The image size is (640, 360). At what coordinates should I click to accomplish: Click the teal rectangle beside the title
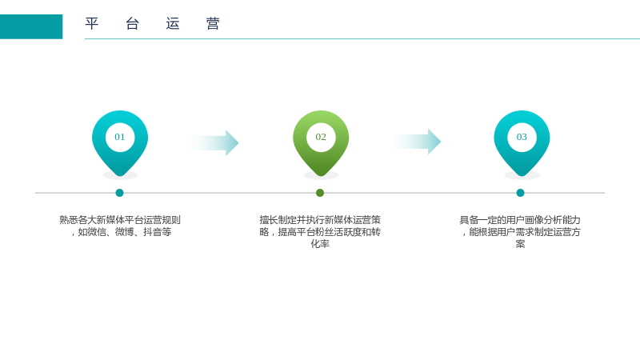tap(31, 26)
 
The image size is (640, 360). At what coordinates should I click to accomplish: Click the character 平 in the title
tap(92, 23)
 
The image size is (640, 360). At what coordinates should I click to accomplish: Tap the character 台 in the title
tap(132, 23)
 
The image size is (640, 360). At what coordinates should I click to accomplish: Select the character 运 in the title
tap(173, 23)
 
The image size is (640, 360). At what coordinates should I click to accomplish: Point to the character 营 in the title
tap(213, 23)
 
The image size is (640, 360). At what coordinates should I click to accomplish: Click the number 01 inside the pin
tap(119, 137)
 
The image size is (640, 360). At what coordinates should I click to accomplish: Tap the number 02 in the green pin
tap(321, 137)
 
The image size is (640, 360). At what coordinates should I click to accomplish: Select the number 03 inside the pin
tap(522, 137)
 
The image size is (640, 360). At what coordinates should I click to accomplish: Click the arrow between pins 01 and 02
tap(214, 143)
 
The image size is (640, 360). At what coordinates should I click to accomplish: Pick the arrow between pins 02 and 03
tap(416, 142)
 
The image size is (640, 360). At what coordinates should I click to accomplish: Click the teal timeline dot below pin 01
tap(119, 193)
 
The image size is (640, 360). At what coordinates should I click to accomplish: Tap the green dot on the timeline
tap(320, 193)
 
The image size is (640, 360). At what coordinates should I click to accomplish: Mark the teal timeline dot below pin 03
tap(520, 193)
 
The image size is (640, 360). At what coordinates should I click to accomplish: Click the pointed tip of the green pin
tap(321, 176)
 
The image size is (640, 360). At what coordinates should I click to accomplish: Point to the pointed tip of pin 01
tap(120, 176)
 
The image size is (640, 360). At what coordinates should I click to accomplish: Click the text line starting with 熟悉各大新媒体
tap(120, 220)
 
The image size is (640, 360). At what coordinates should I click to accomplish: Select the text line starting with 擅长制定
tap(320, 220)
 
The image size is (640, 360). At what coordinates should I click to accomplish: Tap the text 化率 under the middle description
tap(320, 244)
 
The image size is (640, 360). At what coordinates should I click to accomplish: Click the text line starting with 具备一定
tap(520, 220)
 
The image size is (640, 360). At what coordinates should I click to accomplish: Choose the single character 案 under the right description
tap(520, 244)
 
